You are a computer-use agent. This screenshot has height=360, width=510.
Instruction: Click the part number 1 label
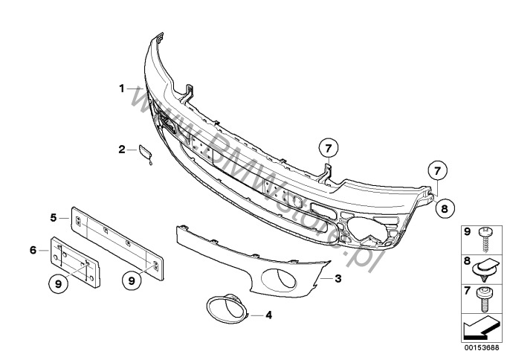(122, 89)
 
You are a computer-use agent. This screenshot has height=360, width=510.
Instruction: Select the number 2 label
(122, 150)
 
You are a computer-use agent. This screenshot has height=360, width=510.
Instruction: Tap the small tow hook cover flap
(145, 153)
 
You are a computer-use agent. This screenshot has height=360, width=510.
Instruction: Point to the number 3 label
(338, 278)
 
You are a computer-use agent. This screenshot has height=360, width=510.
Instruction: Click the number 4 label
(268, 315)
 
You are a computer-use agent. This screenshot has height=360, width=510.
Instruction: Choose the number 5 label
(54, 217)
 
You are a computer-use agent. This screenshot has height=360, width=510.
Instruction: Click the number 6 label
(33, 251)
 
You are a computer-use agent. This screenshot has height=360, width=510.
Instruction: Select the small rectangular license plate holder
(76, 262)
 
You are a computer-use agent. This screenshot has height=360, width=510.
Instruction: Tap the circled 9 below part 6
(58, 284)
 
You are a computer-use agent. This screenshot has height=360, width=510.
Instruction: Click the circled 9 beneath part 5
(132, 280)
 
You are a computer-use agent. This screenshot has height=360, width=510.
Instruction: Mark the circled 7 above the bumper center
(328, 149)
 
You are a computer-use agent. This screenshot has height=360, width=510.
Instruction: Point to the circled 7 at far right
(437, 170)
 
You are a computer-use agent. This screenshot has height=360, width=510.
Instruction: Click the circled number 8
(445, 208)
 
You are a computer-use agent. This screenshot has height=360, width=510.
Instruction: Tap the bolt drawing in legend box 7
(484, 299)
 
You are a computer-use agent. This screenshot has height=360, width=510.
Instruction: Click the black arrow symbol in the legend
(480, 329)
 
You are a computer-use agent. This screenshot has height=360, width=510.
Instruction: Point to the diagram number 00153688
(482, 347)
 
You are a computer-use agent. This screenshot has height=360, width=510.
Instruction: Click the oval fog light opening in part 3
(279, 280)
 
